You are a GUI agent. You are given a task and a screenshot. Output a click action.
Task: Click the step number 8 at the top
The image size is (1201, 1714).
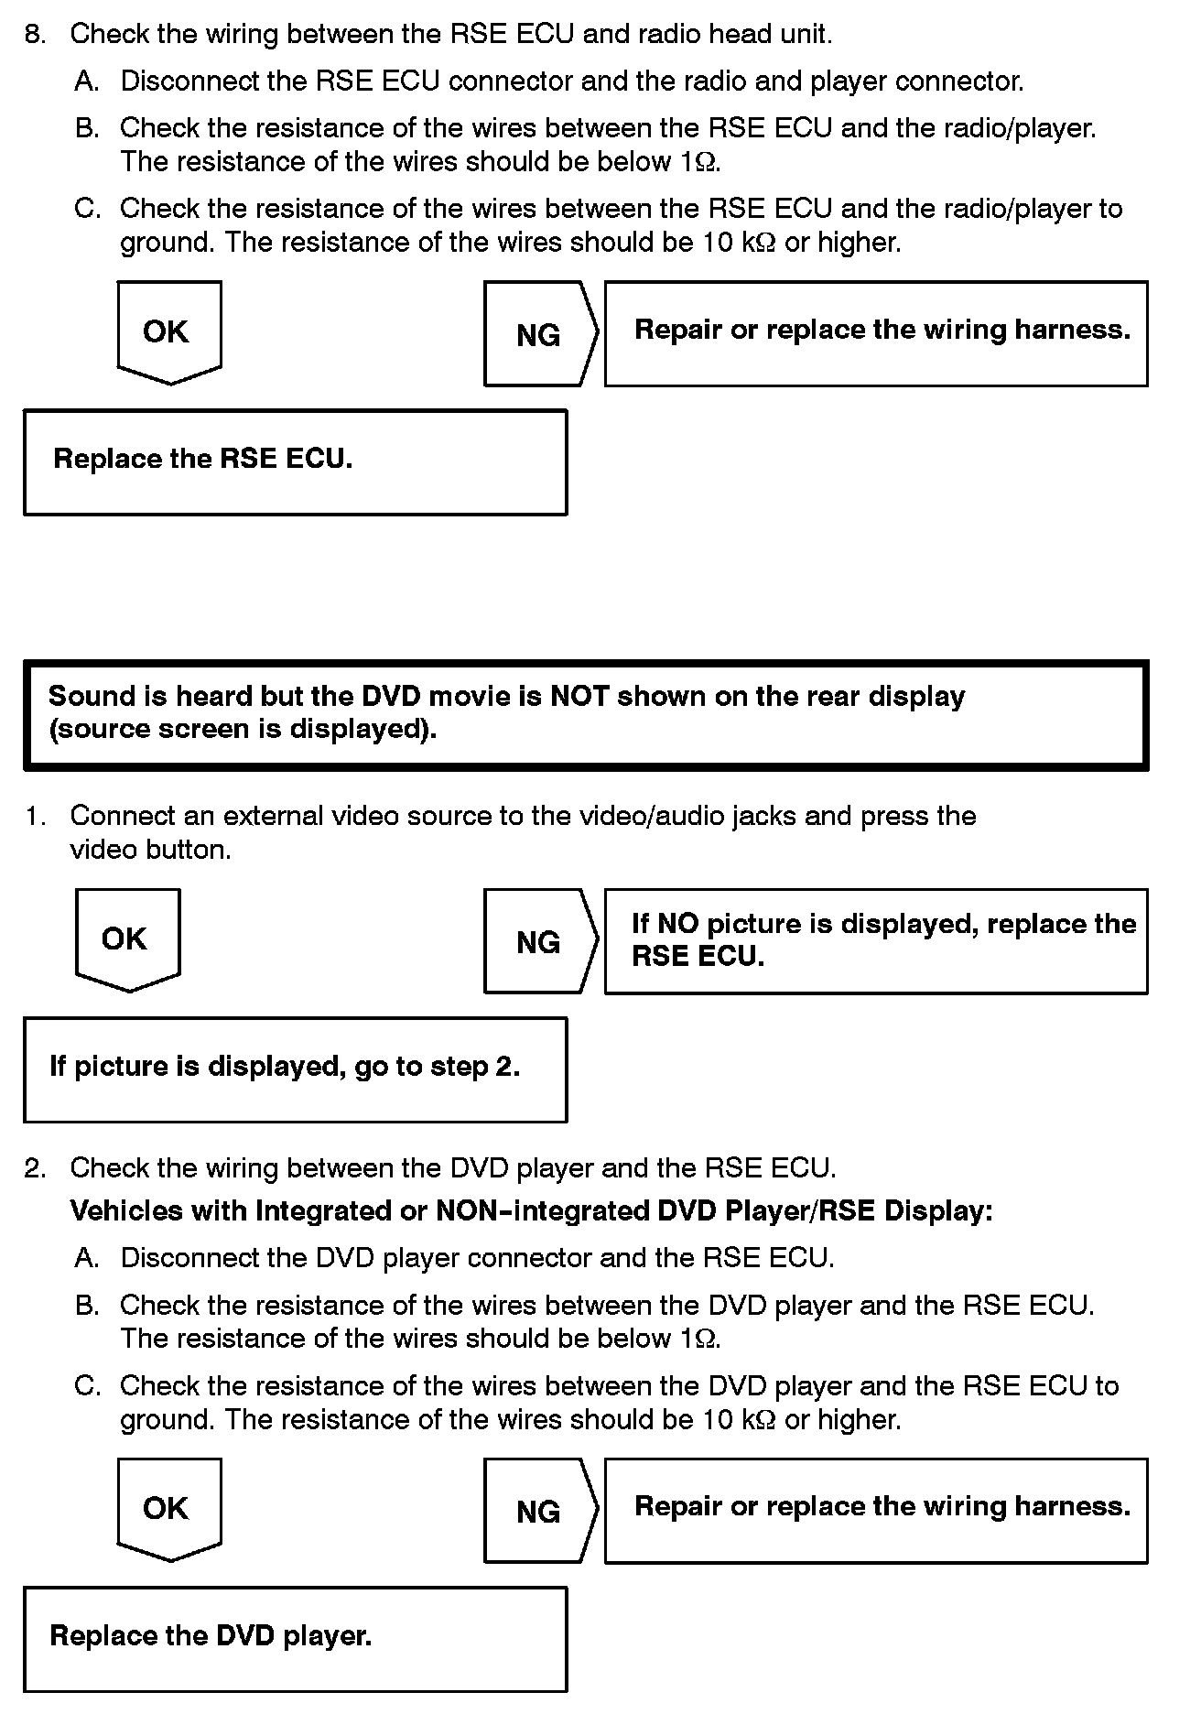tap(34, 35)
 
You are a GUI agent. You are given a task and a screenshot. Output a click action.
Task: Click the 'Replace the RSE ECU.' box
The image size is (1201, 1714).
tap(295, 461)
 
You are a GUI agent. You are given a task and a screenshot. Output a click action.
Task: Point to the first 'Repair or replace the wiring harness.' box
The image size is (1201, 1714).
tap(876, 333)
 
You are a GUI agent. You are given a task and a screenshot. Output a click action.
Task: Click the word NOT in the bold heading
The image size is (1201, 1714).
tap(579, 697)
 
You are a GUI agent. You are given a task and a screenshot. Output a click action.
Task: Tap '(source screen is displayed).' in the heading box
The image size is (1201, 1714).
tap(243, 730)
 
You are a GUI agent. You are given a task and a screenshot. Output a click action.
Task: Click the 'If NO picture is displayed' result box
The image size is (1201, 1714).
tap(876, 940)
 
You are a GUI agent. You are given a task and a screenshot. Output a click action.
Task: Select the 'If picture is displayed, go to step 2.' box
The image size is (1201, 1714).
tap(295, 1069)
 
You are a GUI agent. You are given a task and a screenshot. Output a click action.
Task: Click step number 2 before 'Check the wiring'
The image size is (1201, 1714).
tap(34, 1168)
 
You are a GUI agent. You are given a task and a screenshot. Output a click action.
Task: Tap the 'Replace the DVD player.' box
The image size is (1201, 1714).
tap(295, 1638)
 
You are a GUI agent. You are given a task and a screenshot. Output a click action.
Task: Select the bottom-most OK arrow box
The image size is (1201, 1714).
tap(169, 1509)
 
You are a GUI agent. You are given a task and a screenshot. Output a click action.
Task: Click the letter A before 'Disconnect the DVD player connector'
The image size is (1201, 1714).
tap(86, 1258)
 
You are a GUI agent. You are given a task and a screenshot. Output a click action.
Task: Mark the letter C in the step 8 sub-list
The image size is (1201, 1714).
tap(86, 209)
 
